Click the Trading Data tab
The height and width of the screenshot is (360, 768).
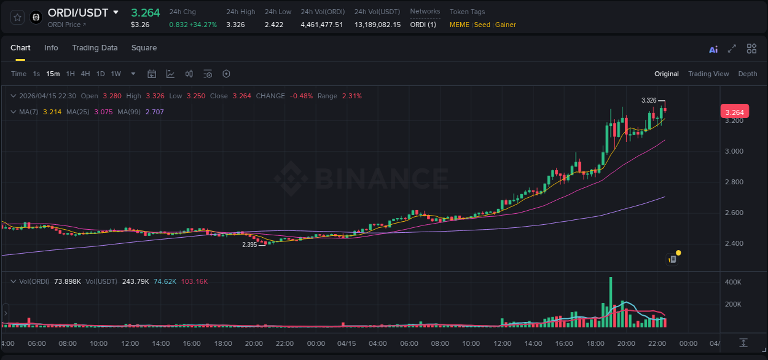[x=95, y=48]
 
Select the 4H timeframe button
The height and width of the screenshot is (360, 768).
[x=85, y=74]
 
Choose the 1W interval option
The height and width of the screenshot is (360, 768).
[x=116, y=74]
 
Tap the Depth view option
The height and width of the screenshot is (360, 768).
[x=747, y=74]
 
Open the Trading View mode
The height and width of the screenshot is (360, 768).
[x=708, y=74]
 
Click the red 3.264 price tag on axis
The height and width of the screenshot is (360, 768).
[x=734, y=112]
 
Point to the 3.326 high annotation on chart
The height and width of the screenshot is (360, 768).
[x=649, y=100]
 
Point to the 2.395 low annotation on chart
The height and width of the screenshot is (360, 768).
[x=249, y=245]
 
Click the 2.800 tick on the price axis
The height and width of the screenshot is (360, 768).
[x=734, y=182]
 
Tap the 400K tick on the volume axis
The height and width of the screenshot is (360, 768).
[x=734, y=282]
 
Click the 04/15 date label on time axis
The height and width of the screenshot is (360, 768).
[x=347, y=343]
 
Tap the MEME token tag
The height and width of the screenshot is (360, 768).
[x=459, y=25]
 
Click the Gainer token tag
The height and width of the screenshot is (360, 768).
[x=506, y=25]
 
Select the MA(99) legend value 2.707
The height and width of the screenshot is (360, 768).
[x=155, y=112]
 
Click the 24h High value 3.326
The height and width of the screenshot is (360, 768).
[x=235, y=25]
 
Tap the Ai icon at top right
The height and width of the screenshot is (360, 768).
[x=713, y=49]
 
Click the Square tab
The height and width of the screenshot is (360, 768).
[x=144, y=48]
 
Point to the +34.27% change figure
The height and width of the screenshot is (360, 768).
[x=203, y=25]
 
